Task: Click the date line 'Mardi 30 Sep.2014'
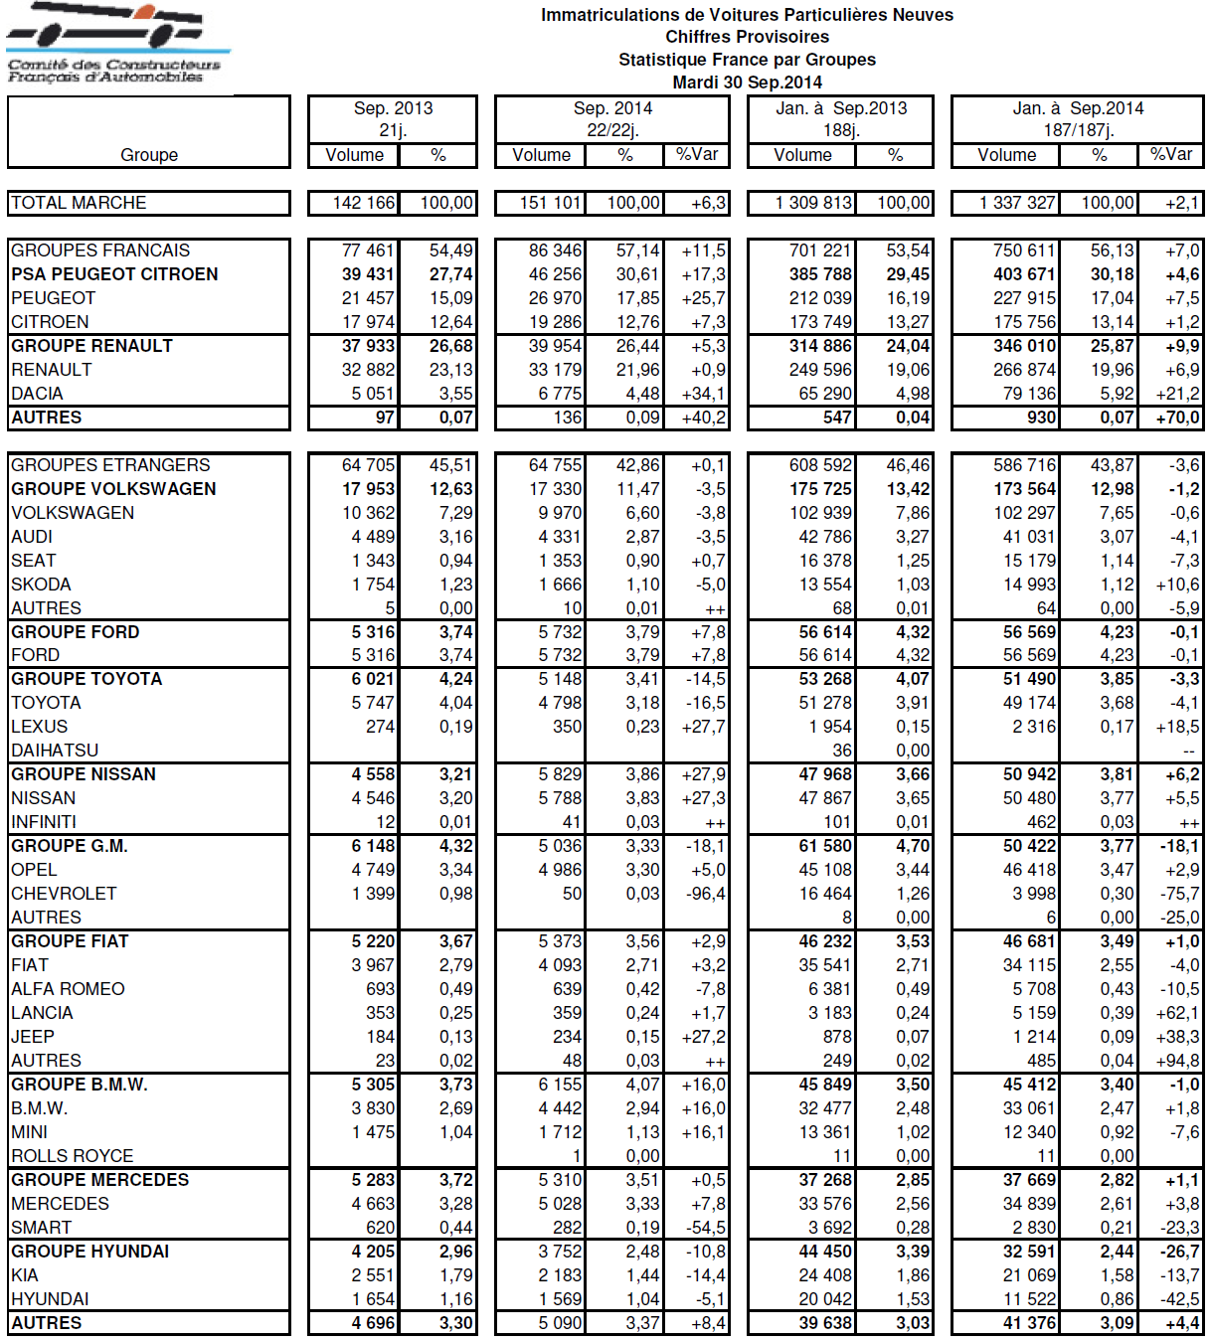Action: [x=747, y=83]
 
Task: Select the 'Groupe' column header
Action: [x=149, y=155]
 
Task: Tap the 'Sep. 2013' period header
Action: [x=393, y=108]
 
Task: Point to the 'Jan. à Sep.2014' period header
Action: [x=1078, y=108]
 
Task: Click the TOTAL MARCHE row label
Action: [x=79, y=203]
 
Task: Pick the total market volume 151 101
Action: [x=550, y=203]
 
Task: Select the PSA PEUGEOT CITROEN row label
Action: [x=114, y=274]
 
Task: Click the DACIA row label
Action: [x=37, y=394]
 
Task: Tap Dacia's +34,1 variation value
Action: [x=703, y=394]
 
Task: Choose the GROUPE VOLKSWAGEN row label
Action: [x=113, y=489]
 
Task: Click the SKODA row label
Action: [x=41, y=585]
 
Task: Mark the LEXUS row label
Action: [x=40, y=727]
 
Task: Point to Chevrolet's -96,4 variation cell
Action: [x=706, y=894]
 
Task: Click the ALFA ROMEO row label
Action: [x=68, y=989]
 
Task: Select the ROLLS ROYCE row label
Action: [x=72, y=1156]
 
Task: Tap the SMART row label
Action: [x=41, y=1228]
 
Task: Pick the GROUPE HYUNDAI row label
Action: [x=89, y=1252]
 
